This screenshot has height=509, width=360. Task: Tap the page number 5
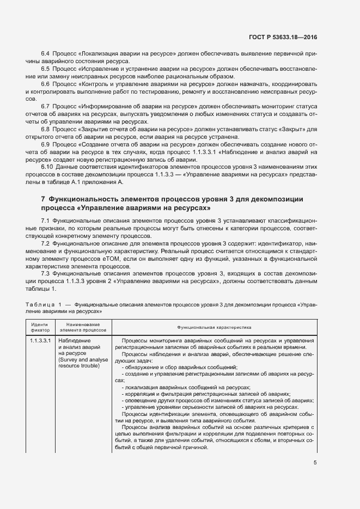click(x=315, y=463)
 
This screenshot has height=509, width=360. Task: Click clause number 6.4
click(x=46, y=55)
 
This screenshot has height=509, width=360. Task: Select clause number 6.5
click(x=46, y=70)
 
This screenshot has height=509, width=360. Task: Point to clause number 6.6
click(x=46, y=84)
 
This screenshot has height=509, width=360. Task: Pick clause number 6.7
click(x=46, y=106)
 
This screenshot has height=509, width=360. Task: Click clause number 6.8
click(x=46, y=129)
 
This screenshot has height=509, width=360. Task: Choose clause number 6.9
click(x=46, y=144)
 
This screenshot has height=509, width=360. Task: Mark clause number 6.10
click(x=47, y=166)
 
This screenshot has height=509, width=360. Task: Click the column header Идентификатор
click(x=39, y=327)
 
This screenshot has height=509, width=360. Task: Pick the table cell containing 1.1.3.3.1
click(x=40, y=341)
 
